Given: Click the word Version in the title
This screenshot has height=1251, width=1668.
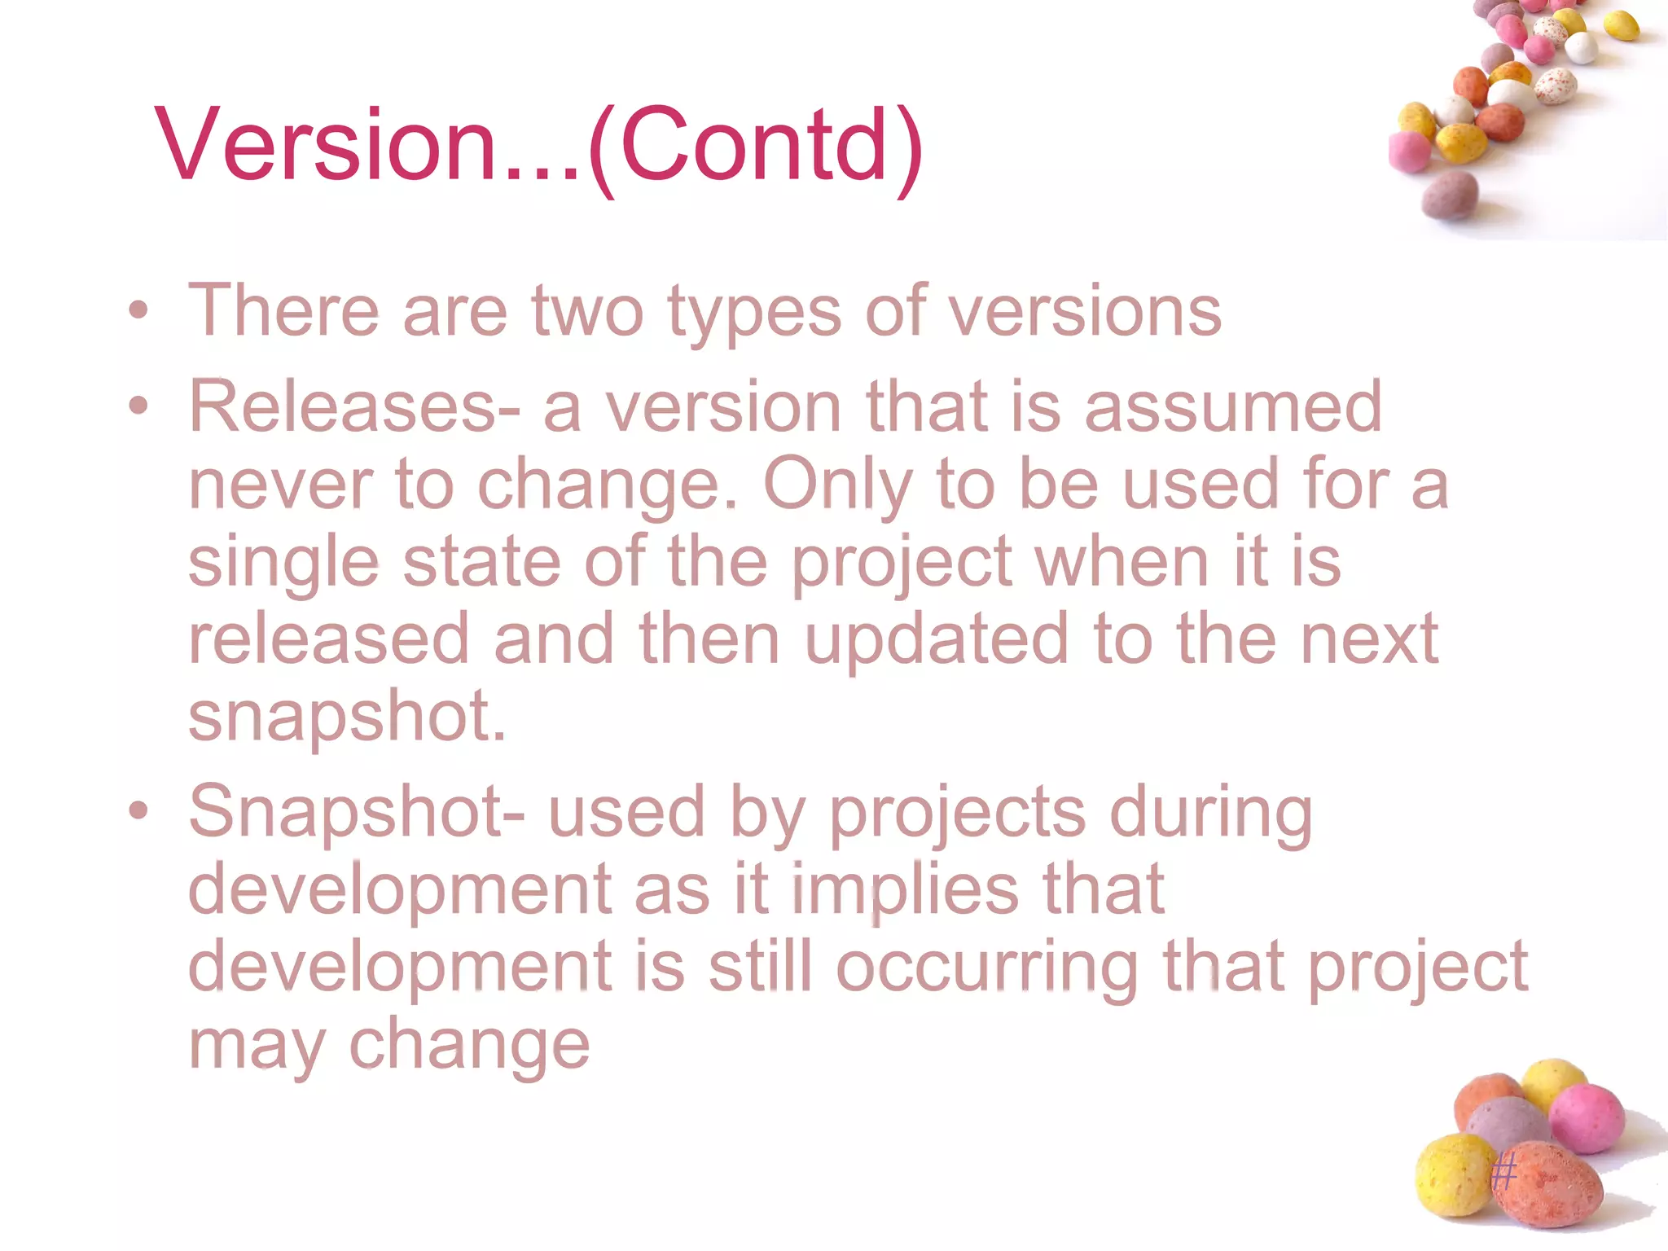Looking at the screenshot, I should coord(326,145).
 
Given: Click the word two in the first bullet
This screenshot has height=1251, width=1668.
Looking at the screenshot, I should coord(587,311).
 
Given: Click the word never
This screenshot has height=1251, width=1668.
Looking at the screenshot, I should coord(280,484).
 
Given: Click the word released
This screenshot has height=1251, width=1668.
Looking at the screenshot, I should coord(329,639).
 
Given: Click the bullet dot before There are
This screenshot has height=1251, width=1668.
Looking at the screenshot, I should coord(139,310).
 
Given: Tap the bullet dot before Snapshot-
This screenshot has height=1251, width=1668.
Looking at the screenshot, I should coord(139,810).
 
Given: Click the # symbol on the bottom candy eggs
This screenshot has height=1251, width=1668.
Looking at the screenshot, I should coord(1503,1173).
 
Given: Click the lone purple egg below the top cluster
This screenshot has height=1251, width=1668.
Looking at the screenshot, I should coord(1451,194).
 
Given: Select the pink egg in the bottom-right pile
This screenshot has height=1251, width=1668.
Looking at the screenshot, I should coord(1587,1117).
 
